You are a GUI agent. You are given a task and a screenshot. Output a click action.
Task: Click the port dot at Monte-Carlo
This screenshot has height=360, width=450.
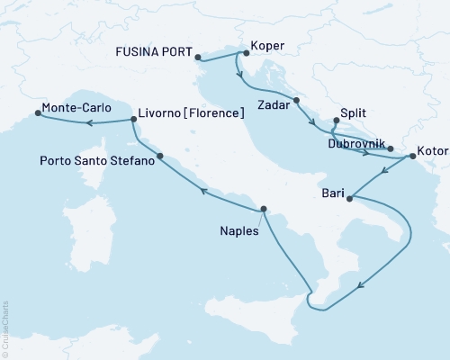(x=38, y=113)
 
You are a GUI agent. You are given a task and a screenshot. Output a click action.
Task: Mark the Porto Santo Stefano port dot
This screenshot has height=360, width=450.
(x=160, y=157)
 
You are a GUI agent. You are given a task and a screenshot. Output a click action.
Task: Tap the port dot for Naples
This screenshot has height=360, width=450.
(x=263, y=210)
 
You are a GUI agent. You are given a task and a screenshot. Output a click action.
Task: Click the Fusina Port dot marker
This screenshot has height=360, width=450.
(x=198, y=58)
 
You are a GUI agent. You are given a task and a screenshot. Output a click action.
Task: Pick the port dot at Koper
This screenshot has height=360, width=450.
(x=246, y=53)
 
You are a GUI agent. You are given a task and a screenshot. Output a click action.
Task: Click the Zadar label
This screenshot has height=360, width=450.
(x=274, y=105)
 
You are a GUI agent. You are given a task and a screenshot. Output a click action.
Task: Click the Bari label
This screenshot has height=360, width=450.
(x=331, y=192)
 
